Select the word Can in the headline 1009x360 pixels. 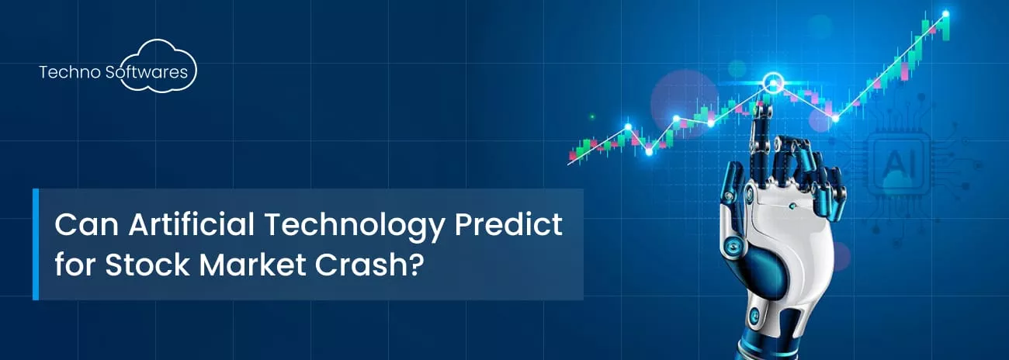coord(86,224)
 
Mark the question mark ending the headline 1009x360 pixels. coord(417,264)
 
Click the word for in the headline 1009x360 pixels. coord(75,264)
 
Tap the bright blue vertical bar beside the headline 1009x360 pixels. coord(36,244)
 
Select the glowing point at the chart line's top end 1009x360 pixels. coord(945,14)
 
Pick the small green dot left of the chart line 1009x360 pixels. coord(592,116)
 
